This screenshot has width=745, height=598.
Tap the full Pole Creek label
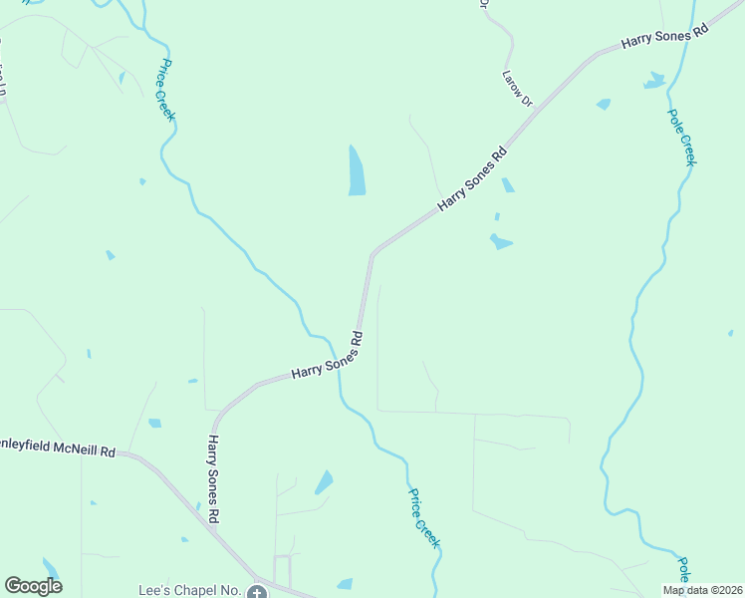coord(681,137)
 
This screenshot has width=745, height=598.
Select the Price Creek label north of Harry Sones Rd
coord(165,89)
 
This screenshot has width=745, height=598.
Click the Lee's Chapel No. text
coord(189,590)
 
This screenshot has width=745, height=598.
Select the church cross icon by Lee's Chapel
coord(257,592)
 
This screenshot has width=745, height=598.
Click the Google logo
coord(33,586)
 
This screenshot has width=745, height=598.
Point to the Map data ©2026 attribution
coord(702,590)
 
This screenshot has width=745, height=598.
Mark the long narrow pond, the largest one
coord(357,170)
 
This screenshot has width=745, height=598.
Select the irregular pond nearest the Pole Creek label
coord(654,80)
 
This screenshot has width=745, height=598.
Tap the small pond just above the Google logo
coord(51,568)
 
